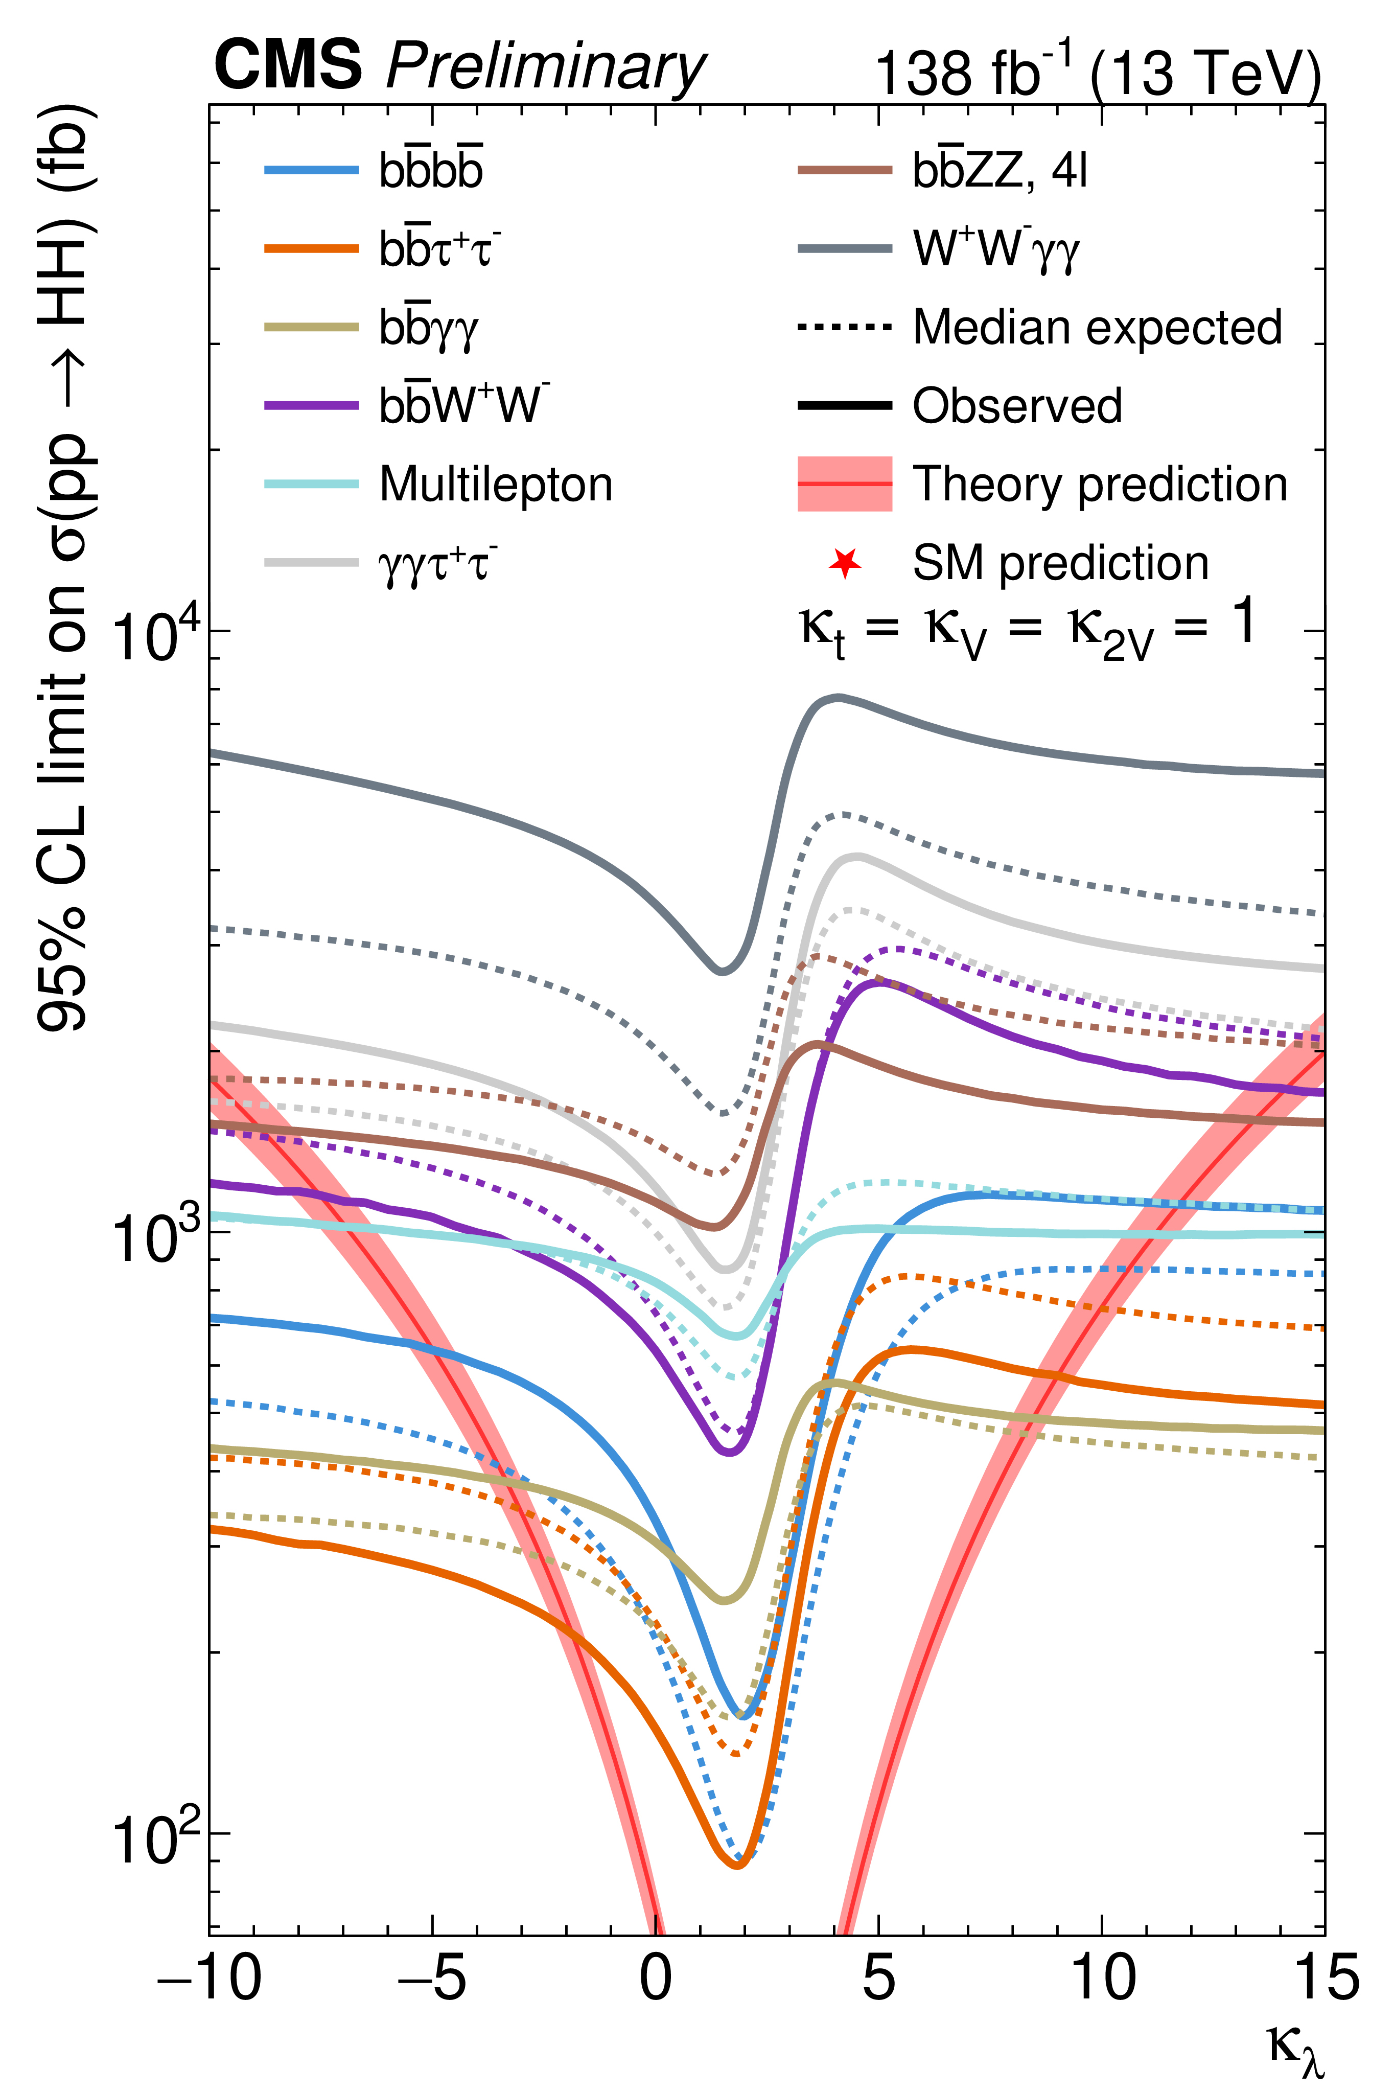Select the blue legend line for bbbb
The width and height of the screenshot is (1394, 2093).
click(311, 170)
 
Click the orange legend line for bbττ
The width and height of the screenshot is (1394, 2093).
click(311, 248)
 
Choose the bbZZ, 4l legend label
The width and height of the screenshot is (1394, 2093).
click(1000, 169)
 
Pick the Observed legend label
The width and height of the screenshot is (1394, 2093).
click(1017, 405)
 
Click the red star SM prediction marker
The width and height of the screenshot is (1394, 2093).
click(845, 563)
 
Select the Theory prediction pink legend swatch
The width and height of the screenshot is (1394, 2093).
click(845, 484)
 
